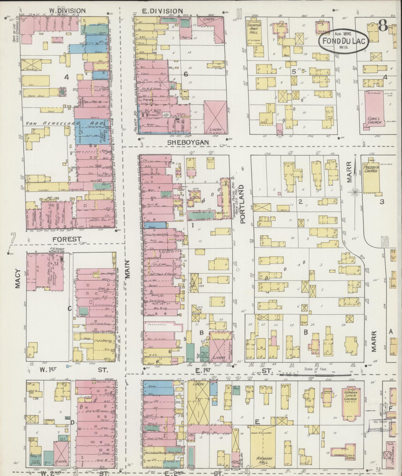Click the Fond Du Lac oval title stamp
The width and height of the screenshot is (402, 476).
pos(344,41)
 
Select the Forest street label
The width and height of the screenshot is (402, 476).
pos(67,239)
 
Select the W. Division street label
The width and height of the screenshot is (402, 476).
pos(67,11)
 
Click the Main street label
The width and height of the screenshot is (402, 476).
pos(128,269)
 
